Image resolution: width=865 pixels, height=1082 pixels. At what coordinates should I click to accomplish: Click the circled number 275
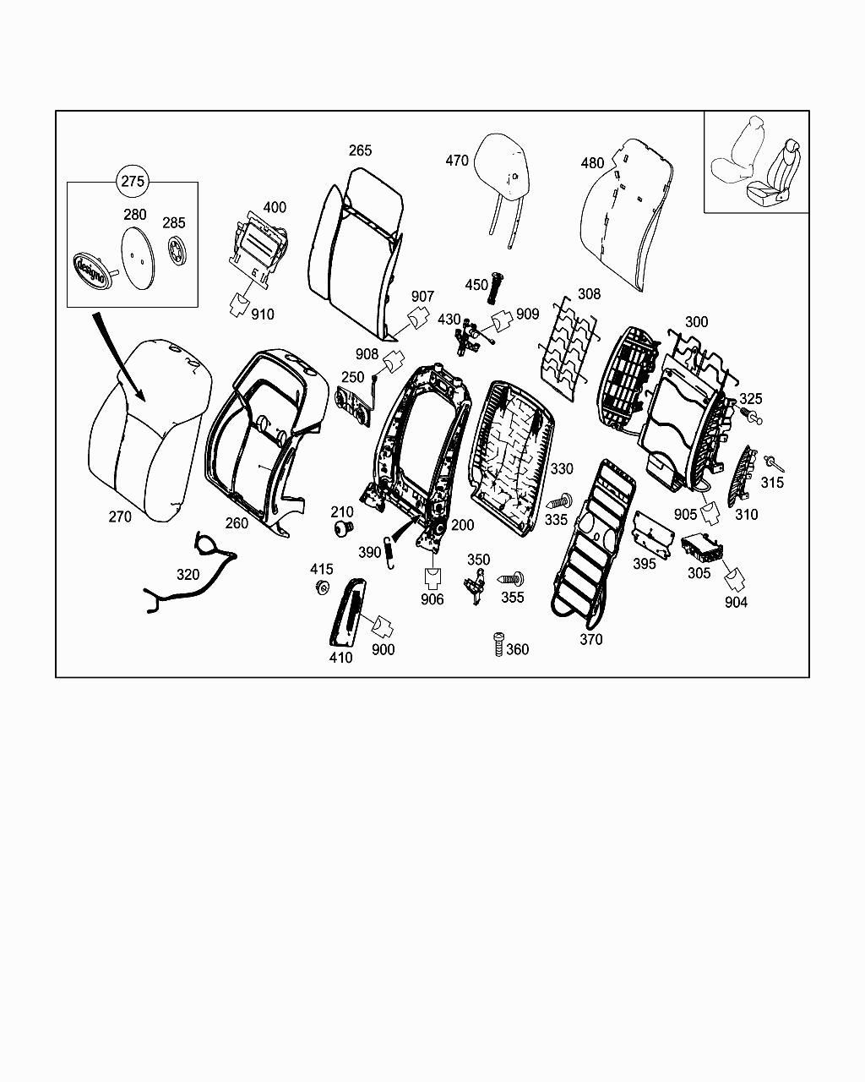133,181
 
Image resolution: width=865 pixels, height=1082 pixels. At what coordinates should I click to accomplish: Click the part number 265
360,150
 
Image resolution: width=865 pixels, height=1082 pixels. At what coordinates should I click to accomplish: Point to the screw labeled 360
498,645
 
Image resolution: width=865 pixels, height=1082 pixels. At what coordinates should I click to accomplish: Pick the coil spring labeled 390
389,553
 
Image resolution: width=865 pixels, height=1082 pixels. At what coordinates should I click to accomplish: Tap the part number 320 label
188,575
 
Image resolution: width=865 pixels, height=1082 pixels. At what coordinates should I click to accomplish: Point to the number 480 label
592,162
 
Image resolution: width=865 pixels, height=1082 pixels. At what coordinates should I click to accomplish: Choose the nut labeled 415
321,587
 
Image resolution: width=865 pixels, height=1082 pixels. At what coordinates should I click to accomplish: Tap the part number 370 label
591,639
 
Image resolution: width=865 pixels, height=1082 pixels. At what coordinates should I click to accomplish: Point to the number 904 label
736,603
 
